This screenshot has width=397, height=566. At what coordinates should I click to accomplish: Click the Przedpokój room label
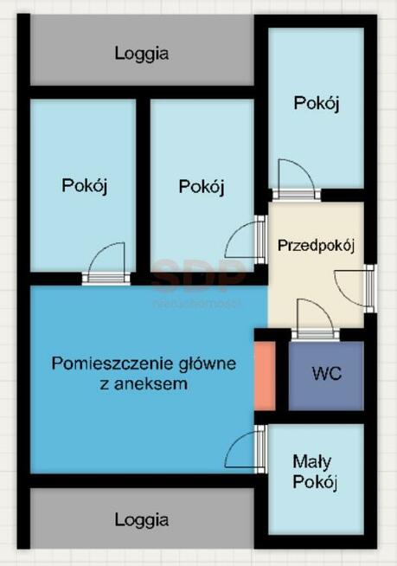pyautogui.click(x=316, y=245)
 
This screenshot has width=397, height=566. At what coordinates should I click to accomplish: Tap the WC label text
pyautogui.click(x=326, y=374)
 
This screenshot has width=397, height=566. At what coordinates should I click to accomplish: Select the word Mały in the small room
pyautogui.click(x=313, y=461)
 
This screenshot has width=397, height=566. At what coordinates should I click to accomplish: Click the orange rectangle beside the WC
pyautogui.click(x=265, y=376)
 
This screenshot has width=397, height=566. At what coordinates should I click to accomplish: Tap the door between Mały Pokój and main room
pyautogui.click(x=247, y=449)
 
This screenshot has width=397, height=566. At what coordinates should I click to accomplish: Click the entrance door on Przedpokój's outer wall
pyautogui.click(x=355, y=290)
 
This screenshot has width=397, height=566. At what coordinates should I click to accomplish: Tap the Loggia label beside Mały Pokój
pyautogui.click(x=142, y=519)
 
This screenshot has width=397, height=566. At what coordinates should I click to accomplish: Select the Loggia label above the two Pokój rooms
pyautogui.click(x=142, y=53)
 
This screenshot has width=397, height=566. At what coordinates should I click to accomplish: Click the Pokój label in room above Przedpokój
pyautogui.click(x=317, y=103)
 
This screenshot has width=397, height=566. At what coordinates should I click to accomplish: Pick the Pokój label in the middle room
pyautogui.click(x=202, y=185)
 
